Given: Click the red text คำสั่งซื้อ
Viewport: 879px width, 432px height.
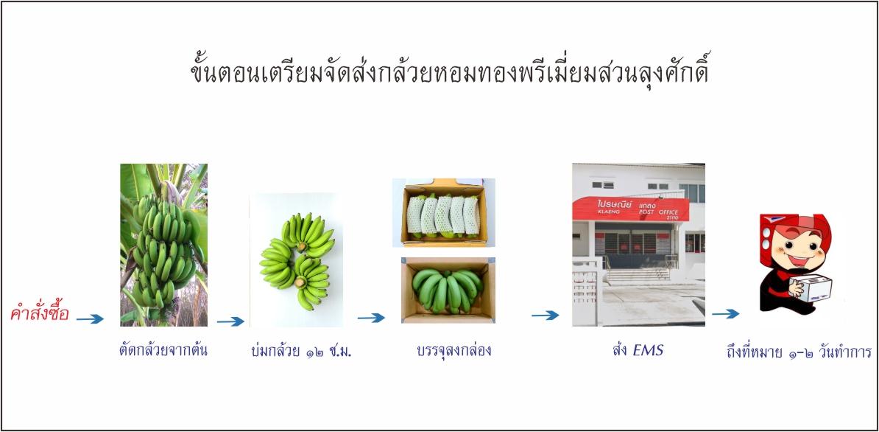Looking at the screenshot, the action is click(39, 313).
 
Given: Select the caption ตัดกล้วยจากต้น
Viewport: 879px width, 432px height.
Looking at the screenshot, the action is click(163, 351).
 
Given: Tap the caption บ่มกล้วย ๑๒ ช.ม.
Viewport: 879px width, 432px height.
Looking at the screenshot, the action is click(301, 352).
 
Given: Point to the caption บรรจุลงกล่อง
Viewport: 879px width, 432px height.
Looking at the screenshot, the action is click(454, 351).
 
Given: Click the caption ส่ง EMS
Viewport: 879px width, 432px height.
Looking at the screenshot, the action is click(638, 351).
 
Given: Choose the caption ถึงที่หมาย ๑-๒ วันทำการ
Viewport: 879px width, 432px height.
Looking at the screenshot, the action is click(798, 352).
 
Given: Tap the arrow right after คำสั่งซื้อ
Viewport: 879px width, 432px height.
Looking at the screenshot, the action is click(90, 319).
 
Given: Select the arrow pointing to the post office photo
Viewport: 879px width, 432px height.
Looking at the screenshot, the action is click(546, 316).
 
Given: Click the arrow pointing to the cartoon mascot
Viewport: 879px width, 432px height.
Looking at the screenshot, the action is click(725, 313).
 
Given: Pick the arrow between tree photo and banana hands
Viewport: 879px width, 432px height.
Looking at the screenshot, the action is click(230, 321).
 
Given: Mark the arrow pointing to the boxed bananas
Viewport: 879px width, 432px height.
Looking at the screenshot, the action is click(371, 318).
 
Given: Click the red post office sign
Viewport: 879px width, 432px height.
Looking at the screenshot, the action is click(631, 209).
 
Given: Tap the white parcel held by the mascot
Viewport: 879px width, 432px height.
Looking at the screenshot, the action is click(811, 288).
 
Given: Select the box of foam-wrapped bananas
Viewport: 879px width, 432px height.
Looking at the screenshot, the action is click(444, 212).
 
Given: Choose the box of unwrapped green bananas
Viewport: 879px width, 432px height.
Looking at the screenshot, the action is click(448, 290).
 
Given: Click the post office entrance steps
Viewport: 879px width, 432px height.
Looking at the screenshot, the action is click(638, 274).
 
